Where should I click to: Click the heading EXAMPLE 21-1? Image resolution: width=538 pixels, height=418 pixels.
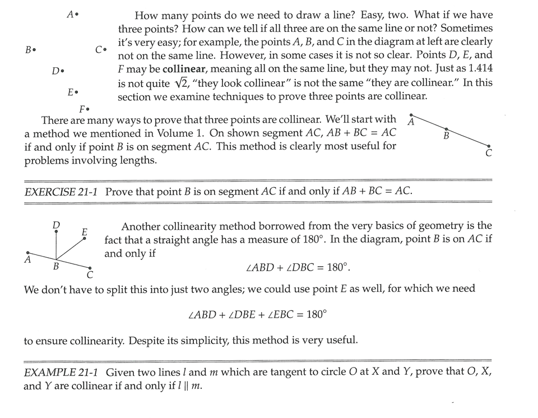(x=62, y=372)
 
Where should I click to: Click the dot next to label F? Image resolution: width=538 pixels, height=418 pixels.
(x=89, y=109)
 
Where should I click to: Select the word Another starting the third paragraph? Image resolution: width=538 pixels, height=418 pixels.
(x=141, y=226)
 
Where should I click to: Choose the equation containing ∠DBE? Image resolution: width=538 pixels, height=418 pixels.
(x=257, y=314)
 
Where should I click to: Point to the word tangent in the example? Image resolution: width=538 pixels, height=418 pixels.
(x=276, y=372)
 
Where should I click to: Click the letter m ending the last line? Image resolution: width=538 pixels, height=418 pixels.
(x=196, y=386)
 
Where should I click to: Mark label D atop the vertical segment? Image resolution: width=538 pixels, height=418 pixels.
(x=56, y=225)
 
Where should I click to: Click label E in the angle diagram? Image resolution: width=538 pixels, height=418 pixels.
(x=85, y=231)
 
